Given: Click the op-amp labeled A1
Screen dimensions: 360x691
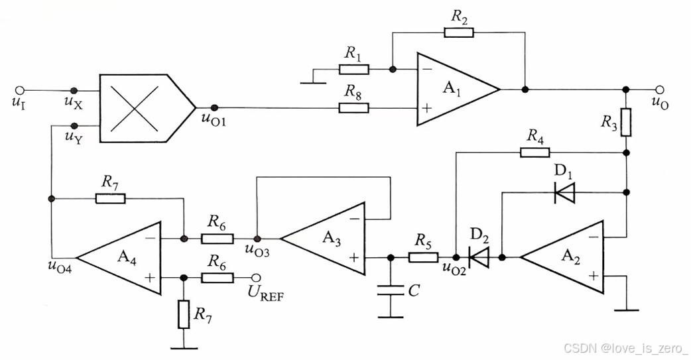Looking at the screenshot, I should click(x=454, y=88).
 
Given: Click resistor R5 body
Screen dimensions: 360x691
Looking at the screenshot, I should click(x=422, y=257).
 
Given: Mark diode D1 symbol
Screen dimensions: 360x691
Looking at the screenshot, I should click(x=564, y=193).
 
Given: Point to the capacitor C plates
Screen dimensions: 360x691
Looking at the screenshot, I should click(x=391, y=290).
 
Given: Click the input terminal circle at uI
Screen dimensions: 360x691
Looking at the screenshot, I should click(x=20, y=90).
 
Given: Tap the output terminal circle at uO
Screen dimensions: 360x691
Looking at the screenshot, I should click(x=658, y=89).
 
